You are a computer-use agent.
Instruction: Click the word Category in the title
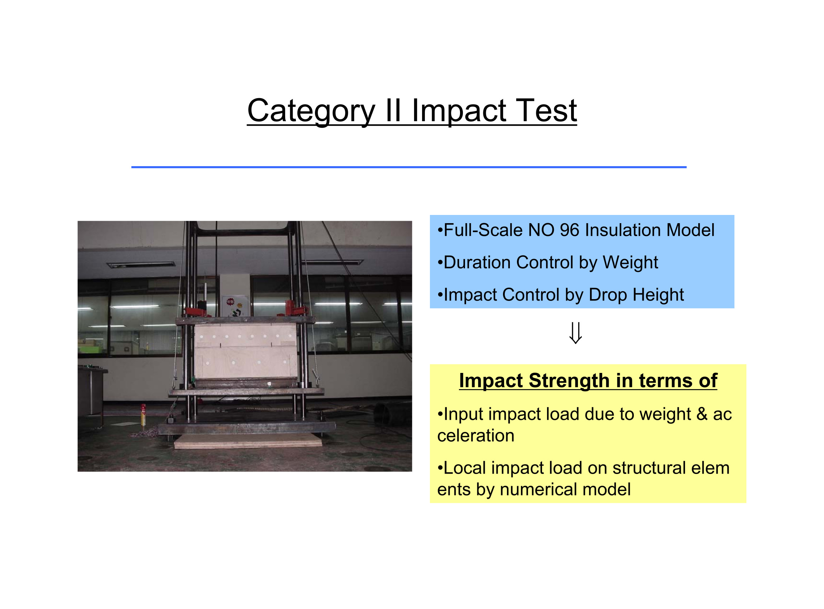coord(311,112)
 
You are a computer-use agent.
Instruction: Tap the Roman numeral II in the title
coord(393,110)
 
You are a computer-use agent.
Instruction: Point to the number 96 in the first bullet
coord(570,230)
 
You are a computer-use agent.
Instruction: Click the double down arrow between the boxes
coord(575,333)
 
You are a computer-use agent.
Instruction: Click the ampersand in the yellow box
coord(701,414)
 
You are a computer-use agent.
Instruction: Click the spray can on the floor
coord(143,416)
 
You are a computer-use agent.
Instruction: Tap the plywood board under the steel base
coord(248,441)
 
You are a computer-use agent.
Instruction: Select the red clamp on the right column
coord(294,308)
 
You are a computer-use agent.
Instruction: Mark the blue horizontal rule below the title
coord(409,167)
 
